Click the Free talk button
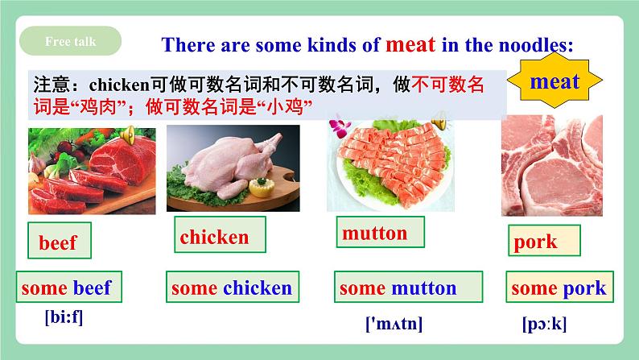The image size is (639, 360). (71, 41)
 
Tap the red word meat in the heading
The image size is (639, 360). (410, 44)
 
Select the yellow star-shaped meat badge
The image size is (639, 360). (554, 81)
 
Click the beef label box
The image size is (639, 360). (60, 241)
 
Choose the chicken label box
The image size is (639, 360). (220, 234)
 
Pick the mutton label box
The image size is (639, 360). (380, 232)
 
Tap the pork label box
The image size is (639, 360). (544, 241)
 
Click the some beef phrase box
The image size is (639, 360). (69, 287)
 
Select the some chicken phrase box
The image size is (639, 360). (233, 287)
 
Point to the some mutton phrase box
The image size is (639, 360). (408, 287)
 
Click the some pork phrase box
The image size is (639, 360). (559, 287)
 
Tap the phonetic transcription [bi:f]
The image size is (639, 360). (64, 317)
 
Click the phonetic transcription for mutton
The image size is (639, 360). (394, 324)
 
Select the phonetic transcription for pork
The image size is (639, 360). (545, 324)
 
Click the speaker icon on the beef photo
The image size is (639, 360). (127, 134)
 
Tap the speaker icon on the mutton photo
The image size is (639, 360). (439, 121)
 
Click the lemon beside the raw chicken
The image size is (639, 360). (261, 187)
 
